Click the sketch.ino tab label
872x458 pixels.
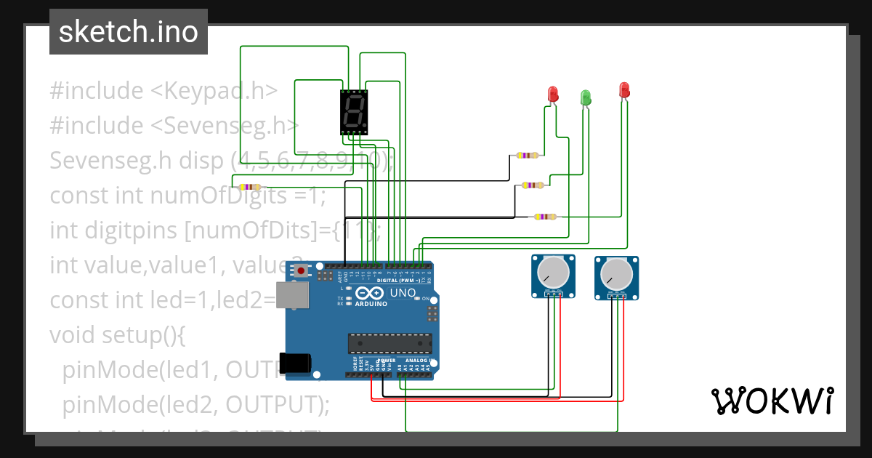coord(128,32)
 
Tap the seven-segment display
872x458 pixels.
coord(354,113)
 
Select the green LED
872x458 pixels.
coord(585,97)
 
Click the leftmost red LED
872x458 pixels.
coord(553,94)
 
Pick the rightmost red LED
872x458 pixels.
coord(623,90)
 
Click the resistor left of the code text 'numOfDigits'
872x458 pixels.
coord(249,187)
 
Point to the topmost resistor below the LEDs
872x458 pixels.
coord(527,155)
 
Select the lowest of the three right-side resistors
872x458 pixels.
coord(544,216)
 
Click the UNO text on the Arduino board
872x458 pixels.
coord(403,292)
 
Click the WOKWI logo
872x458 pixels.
coord(772,401)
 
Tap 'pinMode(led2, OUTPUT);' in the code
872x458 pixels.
coord(196,404)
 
